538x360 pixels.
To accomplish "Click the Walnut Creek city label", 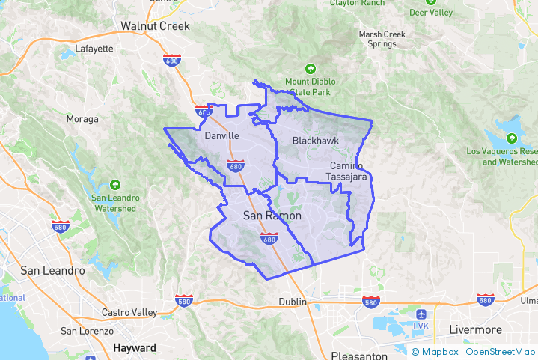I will (156, 26).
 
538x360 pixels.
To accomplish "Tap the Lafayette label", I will (94, 49).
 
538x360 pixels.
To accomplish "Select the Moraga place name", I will (82, 119).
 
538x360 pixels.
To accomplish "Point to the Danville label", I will (221, 137).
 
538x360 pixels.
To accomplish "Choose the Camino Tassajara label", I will (346, 171).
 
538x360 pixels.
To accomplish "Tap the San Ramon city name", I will (273, 216).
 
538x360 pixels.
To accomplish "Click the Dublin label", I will (293, 301).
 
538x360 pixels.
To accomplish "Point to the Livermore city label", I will (475, 329).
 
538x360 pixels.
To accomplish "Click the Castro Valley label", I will (129, 311).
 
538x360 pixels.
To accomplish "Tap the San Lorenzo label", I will (87, 331).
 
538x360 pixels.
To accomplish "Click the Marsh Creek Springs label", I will (382, 39).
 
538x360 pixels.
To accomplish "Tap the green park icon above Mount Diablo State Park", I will (311, 69).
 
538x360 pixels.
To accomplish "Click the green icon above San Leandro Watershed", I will (114, 184).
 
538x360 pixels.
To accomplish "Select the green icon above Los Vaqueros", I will (511, 138).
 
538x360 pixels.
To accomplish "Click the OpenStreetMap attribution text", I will (501, 352).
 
